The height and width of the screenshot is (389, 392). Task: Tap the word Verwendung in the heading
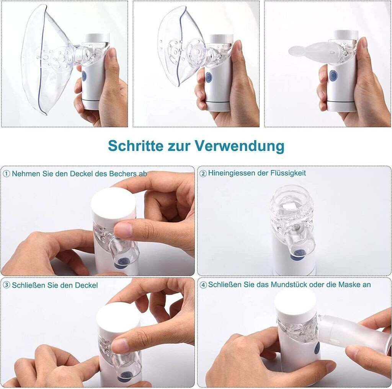240,146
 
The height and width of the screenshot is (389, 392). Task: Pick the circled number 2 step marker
203,173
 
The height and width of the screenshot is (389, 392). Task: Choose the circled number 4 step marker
203,285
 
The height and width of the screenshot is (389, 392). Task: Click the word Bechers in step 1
121,173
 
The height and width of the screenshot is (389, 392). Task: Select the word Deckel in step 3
86,285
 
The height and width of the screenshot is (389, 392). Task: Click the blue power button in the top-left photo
84,75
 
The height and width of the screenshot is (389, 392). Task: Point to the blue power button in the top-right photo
333,75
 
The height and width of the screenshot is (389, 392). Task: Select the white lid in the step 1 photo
113,202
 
